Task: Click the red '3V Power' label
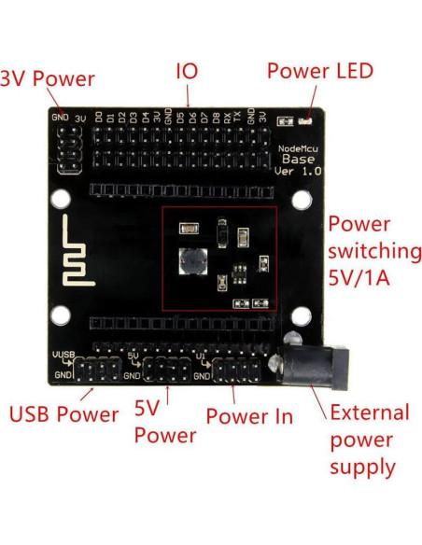pos(47,79)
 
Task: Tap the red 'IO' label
pos(187,72)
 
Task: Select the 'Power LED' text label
pos(319,72)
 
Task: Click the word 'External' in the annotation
pos(370,412)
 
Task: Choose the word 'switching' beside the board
pos(374,251)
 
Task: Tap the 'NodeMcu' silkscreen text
pos(299,147)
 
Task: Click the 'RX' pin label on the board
pos(227,118)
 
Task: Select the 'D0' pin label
pos(99,118)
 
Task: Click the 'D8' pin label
pos(215,118)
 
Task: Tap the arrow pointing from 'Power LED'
pos(312,100)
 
